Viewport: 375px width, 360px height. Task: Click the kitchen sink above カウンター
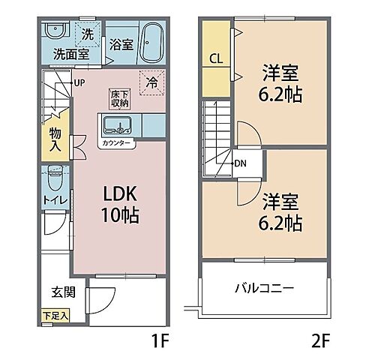(117, 125)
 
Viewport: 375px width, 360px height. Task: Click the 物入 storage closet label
(57, 138)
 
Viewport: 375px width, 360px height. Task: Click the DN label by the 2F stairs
(241, 163)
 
